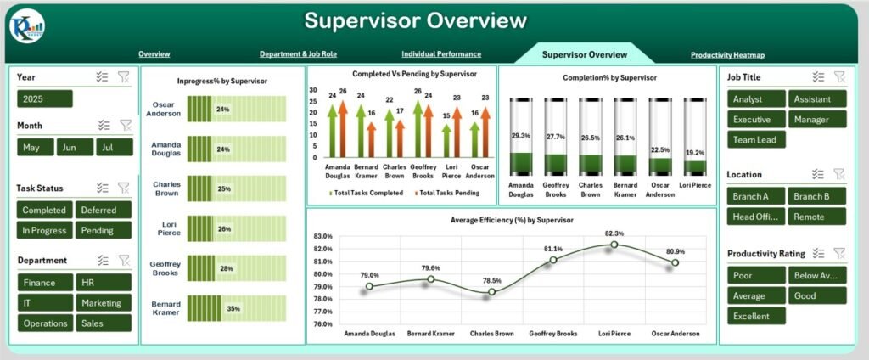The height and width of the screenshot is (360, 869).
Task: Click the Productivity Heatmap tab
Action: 727,55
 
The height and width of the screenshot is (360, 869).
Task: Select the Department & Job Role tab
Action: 298,54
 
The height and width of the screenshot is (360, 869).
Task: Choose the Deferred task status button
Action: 104,210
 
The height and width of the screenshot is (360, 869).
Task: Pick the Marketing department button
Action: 104,303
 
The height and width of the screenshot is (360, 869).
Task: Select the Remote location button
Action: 817,217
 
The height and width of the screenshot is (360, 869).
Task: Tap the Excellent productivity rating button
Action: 756,316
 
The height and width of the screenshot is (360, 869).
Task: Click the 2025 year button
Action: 44,98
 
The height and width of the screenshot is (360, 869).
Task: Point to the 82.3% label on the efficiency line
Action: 614,233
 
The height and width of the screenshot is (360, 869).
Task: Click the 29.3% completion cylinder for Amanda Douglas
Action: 520,137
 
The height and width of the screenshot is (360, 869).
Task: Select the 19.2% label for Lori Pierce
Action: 693,154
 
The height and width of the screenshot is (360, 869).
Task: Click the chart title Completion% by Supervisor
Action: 608,78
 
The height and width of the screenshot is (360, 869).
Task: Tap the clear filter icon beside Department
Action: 125,261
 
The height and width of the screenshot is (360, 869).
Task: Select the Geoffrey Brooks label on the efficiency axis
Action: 553,333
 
